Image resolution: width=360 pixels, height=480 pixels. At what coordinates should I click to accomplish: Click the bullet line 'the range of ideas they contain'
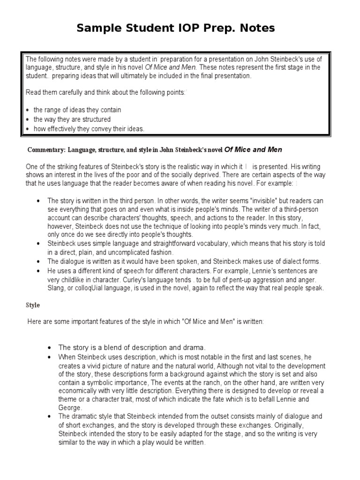point(77,110)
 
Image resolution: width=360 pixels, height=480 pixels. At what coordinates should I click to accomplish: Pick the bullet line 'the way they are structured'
point(72,120)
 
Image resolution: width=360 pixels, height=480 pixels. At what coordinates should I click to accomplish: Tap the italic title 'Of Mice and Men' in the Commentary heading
point(254,150)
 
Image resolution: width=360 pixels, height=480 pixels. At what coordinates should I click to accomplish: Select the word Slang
point(56,288)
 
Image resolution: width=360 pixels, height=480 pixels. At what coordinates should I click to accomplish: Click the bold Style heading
point(32,305)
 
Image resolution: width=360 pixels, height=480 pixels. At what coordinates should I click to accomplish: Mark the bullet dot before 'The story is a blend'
point(50,348)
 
